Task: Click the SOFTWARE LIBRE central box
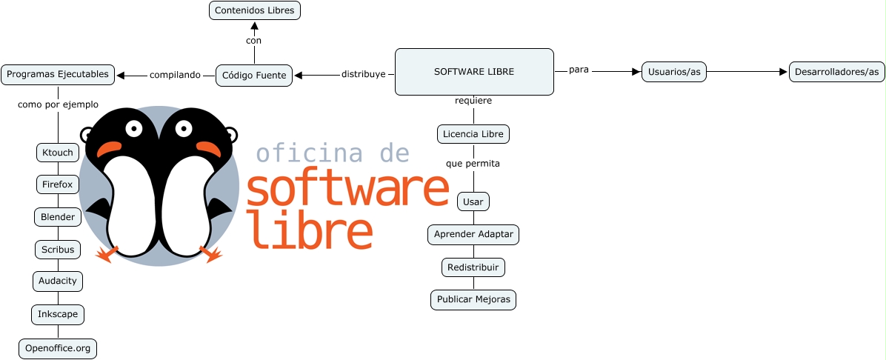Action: [474, 72]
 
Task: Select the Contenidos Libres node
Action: [254, 10]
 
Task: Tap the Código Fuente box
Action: [254, 75]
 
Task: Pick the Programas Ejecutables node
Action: [58, 74]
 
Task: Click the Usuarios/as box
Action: [674, 72]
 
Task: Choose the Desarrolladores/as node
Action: [836, 72]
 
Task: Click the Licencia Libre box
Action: [473, 134]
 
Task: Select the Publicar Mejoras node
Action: [473, 300]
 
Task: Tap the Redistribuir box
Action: [473, 267]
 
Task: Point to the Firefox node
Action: [58, 184]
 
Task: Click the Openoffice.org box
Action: [58, 348]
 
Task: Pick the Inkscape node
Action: [58, 315]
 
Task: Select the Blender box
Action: [58, 217]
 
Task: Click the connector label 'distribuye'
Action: [363, 75]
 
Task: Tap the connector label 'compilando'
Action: [175, 75]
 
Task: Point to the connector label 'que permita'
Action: [473, 164]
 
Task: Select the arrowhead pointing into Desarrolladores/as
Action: [783, 72]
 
